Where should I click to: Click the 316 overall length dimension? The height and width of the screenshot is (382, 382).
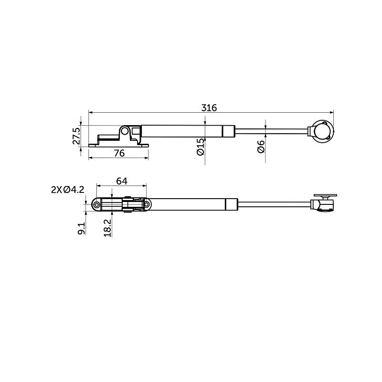(209, 108)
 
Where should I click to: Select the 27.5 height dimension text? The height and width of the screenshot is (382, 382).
(76, 136)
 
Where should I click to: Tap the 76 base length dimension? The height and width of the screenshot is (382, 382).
(119, 153)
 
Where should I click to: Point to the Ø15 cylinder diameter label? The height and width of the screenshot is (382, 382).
(200, 147)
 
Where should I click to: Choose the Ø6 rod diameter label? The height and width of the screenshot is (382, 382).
(261, 147)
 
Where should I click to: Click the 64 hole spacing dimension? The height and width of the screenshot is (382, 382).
(122, 181)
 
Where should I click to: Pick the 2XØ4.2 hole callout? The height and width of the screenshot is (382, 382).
(67, 190)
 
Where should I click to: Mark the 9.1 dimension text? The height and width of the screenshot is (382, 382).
(82, 229)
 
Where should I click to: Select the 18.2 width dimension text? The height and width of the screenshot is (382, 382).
(107, 228)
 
